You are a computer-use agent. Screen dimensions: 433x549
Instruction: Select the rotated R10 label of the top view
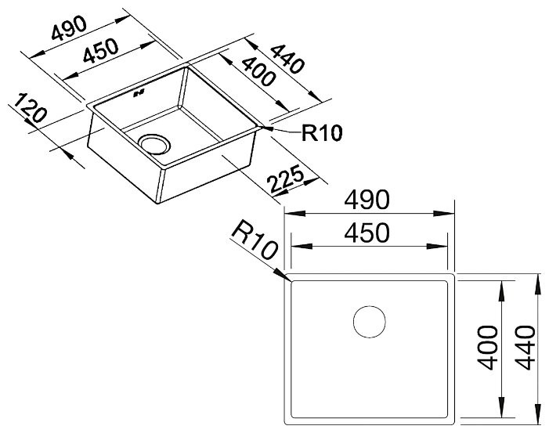pyautogui.click(x=255, y=240)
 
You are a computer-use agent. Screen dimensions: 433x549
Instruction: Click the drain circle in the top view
pyautogui.click(x=368, y=321)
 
